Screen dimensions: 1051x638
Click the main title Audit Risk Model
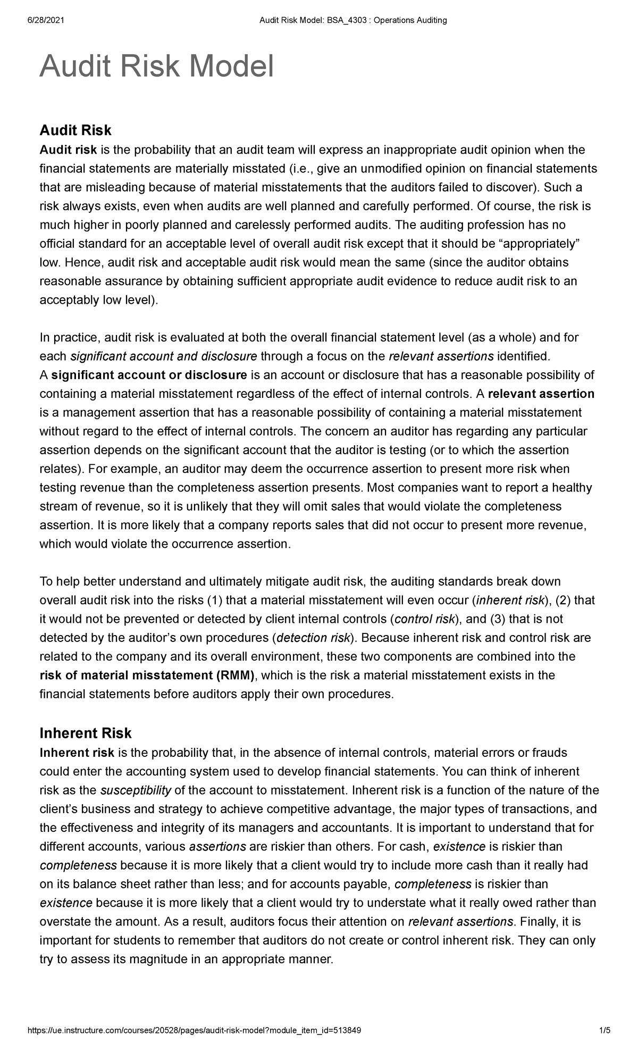157,67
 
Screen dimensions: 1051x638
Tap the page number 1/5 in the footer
605,1031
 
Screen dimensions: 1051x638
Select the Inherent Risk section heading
86,733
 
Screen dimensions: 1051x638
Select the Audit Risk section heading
75,130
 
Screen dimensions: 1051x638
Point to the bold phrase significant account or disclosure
149,375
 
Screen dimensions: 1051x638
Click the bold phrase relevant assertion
541,394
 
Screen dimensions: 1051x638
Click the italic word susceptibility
136,790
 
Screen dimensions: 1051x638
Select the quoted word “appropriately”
542,244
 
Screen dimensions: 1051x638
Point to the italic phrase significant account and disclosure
164,356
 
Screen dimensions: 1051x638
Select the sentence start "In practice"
69,337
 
